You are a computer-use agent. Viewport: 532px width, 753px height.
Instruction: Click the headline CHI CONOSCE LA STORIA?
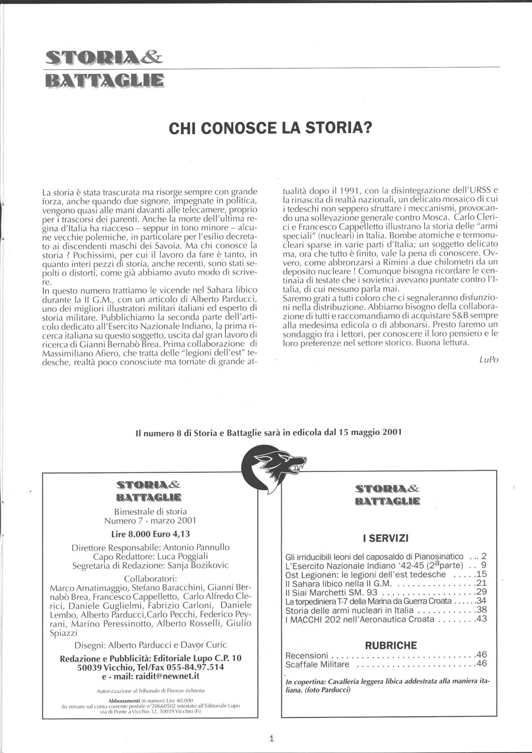pyautogui.click(x=271, y=129)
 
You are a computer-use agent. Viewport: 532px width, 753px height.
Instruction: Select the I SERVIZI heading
pyautogui.click(x=385, y=539)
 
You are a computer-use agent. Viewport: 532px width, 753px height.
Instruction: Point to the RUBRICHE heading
pyautogui.click(x=391, y=646)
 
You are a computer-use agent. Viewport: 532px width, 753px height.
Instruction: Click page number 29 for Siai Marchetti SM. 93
pyautogui.click(x=482, y=592)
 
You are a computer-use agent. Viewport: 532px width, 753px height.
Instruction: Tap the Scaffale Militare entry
pyautogui.click(x=317, y=665)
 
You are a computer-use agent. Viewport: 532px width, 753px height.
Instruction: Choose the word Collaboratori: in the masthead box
pyautogui.click(x=150, y=578)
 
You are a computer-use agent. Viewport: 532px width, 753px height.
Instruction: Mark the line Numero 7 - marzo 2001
pyautogui.click(x=150, y=521)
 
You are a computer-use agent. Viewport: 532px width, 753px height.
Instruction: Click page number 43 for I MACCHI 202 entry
pyautogui.click(x=482, y=619)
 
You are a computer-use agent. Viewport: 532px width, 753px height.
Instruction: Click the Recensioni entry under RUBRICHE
pyautogui.click(x=307, y=655)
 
